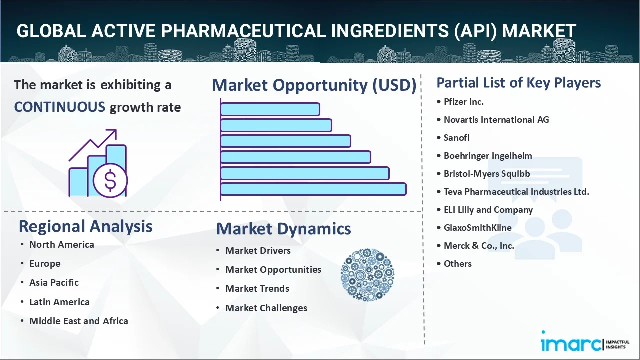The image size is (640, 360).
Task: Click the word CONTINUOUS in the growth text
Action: coord(59,107)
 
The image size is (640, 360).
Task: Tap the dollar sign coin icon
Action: coord(110,180)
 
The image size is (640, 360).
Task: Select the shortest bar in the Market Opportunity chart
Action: coord(270,109)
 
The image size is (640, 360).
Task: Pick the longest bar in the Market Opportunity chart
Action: coord(313,189)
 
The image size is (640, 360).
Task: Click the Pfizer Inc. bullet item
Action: coord(463,102)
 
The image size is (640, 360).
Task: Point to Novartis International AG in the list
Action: coord(496,120)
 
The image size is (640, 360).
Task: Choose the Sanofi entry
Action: coord(456,138)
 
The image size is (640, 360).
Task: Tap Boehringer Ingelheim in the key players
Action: coord(487,156)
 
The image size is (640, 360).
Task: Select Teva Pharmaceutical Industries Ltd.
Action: coord(516,192)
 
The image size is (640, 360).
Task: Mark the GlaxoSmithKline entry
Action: coord(477,228)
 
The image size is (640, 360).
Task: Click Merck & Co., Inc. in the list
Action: coord(478,246)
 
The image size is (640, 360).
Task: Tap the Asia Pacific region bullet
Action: coord(54,283)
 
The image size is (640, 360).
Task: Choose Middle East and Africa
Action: coord(78,321)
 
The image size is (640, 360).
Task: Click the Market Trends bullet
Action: coord(257,289)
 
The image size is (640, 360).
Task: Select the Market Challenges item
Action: coord(266,308)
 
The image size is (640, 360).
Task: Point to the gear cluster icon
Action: coord(367,275)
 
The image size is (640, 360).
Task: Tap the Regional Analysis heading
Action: coord(85,226)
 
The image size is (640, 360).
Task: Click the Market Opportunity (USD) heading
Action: coord(314,85)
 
